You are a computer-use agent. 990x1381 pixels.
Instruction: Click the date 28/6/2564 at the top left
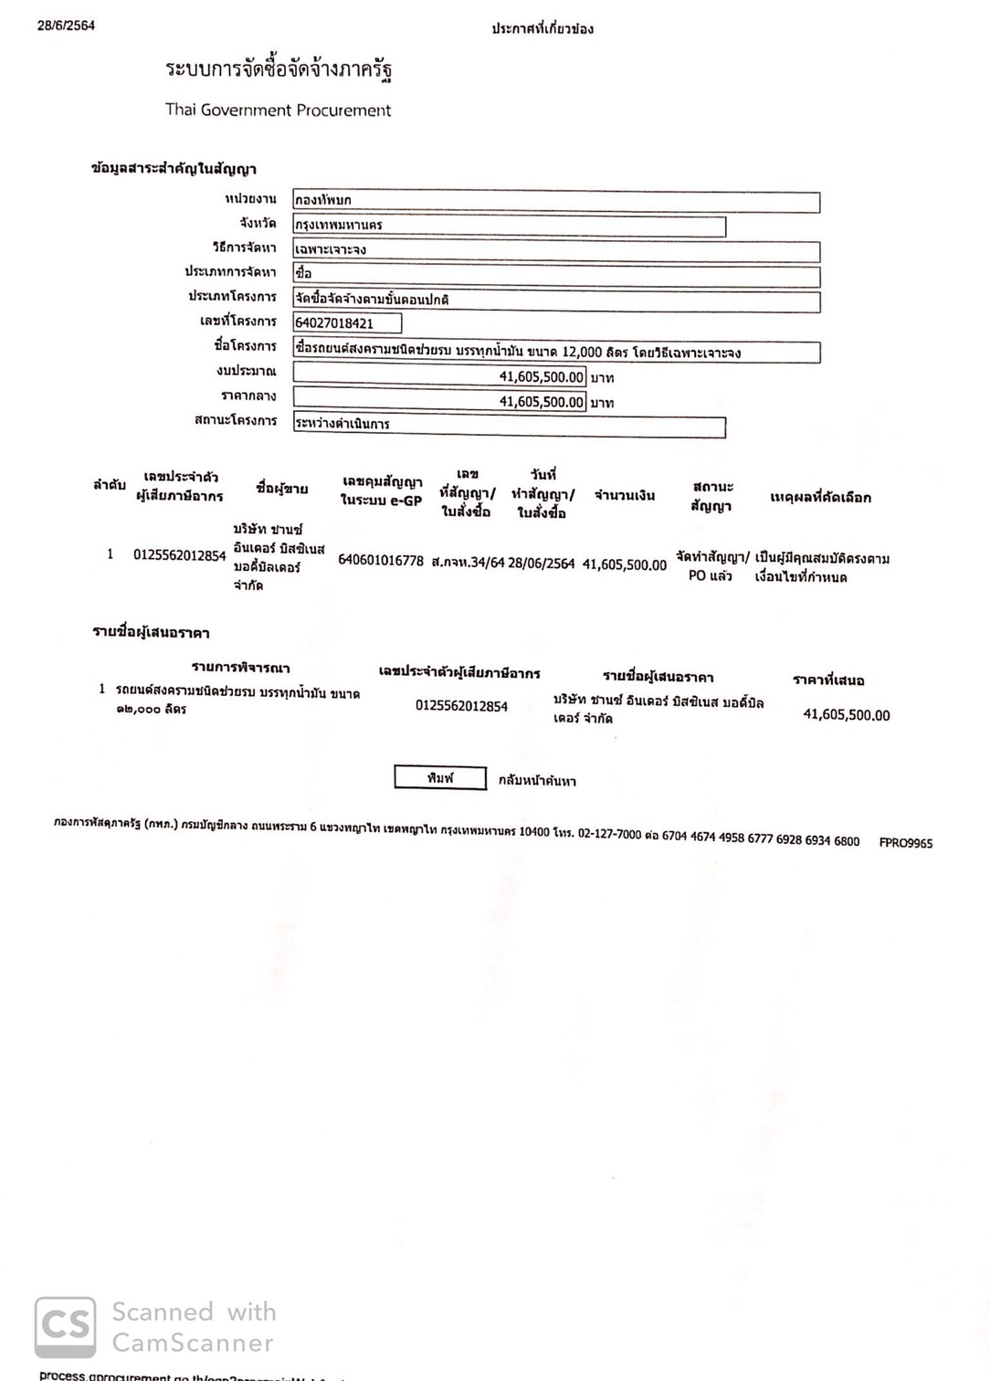(x=66, y=26)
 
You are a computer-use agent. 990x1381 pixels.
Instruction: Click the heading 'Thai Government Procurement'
(x=278, y=110)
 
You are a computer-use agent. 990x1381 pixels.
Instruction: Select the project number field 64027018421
(x=347, y=322)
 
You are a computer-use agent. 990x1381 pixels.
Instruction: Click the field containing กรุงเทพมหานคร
(x=509, y=225)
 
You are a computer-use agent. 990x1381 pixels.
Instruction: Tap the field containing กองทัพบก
(x=555, y=200)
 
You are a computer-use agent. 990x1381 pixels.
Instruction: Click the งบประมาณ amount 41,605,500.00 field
(x=439, y=376)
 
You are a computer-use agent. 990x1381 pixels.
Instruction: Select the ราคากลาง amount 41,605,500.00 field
(x=439, y=401)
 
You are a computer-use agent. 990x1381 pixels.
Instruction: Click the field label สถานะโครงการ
(x=236, y=420)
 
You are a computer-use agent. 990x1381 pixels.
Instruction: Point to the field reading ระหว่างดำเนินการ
(x=509, y=425)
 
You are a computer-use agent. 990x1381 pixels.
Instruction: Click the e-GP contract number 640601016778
(x=381, y=561)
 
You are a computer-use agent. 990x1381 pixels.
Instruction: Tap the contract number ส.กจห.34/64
(x=468, y=563)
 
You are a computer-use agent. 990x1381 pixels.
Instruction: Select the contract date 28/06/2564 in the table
(x=542, y=564)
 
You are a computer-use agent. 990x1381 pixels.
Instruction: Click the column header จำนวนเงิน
(x=625, y=495)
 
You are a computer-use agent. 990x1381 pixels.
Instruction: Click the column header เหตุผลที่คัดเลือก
(x=820, y=497)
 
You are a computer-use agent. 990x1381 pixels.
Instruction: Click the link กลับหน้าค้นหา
(x=537, y=781)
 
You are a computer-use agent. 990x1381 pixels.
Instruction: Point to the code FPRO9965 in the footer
(x=905, y=843)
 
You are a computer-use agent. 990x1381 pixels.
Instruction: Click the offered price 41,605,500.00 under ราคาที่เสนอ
(x=846, y=715)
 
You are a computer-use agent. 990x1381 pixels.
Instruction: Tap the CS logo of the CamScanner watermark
(x=65, y=1327)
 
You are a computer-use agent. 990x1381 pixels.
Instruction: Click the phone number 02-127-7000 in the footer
(x=609, y=835)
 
